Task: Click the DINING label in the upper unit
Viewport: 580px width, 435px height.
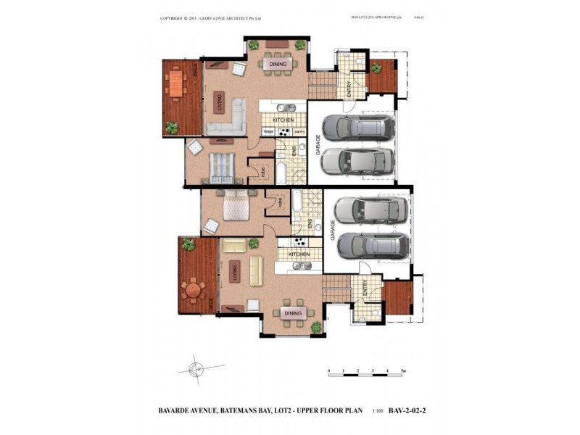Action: [278, 65]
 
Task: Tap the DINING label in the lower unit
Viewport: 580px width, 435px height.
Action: [292, 312]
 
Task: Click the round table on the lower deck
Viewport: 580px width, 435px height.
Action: [194, 291]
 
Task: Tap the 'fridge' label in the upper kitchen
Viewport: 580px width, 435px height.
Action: [268, 131]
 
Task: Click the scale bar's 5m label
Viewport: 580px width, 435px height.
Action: [403, 370]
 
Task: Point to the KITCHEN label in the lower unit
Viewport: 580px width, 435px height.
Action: [299, 254]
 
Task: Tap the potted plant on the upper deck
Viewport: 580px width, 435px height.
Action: [172, 128]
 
